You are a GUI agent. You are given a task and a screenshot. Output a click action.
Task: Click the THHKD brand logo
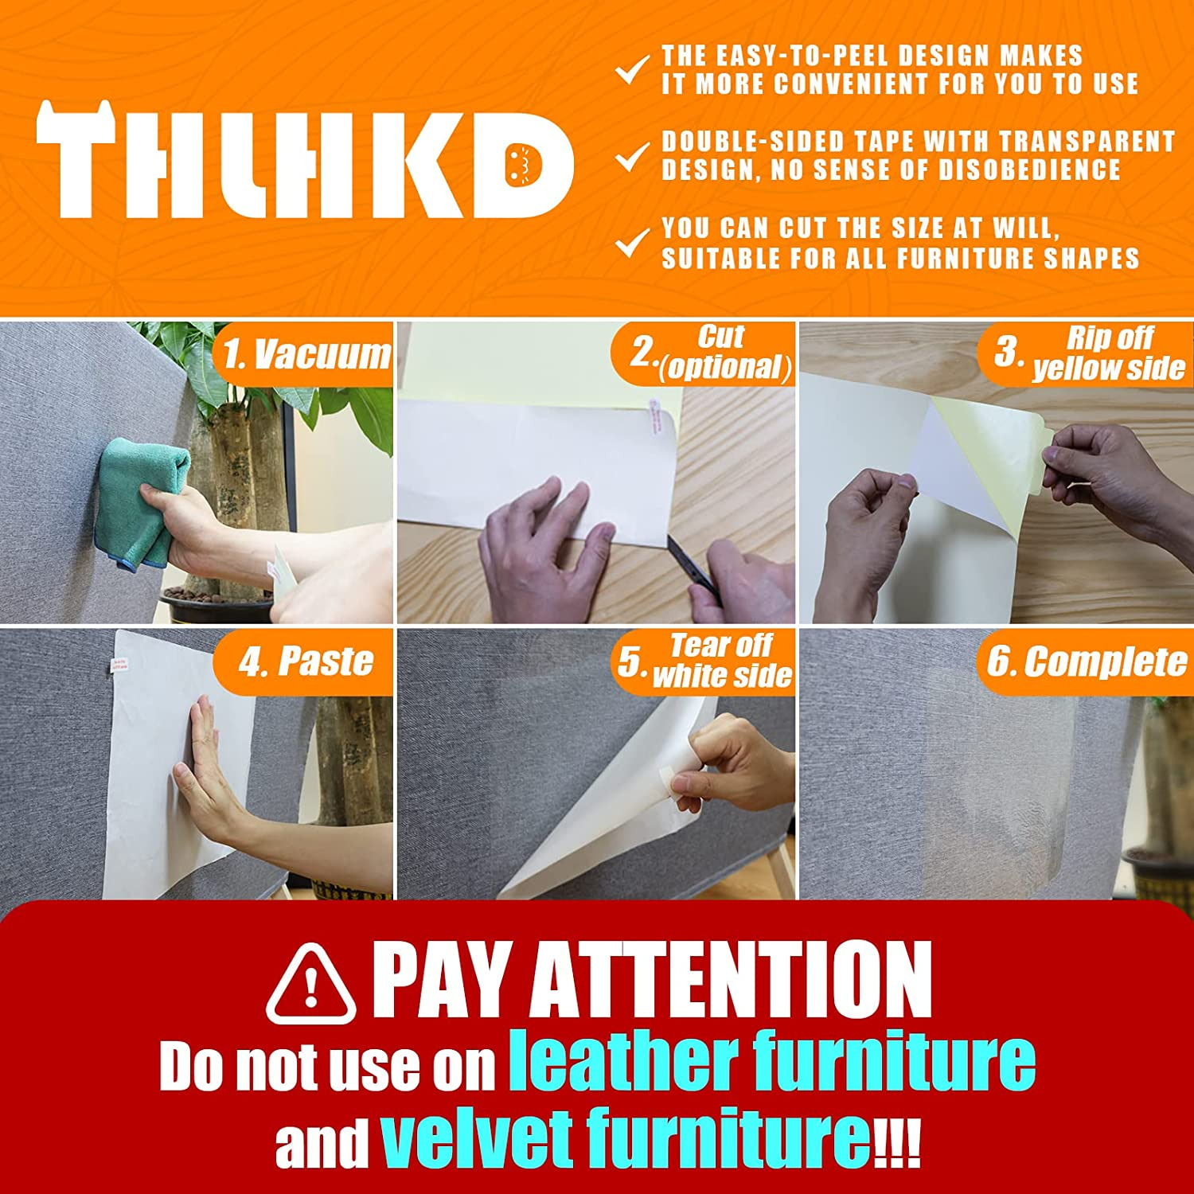[x=304, y=159]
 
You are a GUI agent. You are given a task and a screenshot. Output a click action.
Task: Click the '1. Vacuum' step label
[x=306, y=354]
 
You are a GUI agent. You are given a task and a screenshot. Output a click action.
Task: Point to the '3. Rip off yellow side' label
[x=1089, y=353]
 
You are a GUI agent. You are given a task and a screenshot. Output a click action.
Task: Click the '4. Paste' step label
[x=306, y=661]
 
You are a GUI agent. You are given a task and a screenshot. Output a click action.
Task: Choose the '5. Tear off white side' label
[x=705, y=661]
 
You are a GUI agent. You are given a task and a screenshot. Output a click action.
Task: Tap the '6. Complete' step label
[x=1087, y=661]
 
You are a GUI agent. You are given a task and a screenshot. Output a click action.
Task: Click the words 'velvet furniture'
[x=625, y=1138]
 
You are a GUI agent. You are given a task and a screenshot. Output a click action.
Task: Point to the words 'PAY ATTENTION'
[x=651, y=979]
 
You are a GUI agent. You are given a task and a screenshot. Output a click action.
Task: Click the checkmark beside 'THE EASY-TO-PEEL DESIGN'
[x=632, y=69]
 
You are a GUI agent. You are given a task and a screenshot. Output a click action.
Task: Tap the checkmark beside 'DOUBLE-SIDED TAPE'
[x=632, y=156]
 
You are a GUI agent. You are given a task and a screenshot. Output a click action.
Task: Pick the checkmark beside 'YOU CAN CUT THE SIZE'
[x=632, y=243]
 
